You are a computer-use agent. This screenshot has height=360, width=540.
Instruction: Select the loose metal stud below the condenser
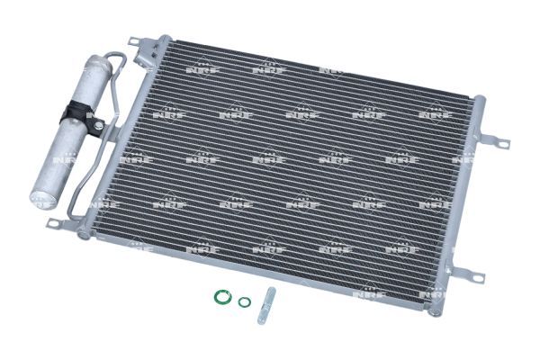[267, 306]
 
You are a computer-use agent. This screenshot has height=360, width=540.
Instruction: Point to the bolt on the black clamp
[99, 125]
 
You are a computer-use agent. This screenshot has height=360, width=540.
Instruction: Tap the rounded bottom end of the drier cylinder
[42, 200]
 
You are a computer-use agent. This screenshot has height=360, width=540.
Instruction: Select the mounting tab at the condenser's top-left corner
[137, 42]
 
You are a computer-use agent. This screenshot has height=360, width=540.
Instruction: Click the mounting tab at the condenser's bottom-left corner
[57, 223]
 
